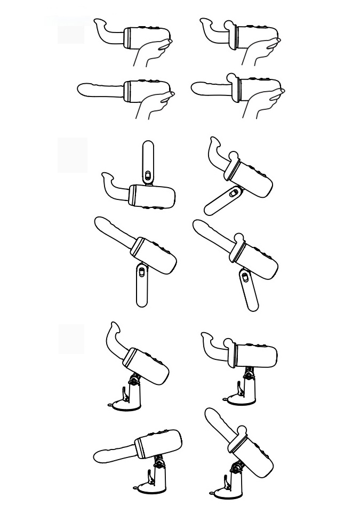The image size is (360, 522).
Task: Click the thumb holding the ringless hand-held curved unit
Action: pyautogui.click(x=166, y=41)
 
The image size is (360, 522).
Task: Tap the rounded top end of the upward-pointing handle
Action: pyautogui.click(x=148, y=144)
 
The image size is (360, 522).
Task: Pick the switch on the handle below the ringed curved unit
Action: pyautogui.click(x=233, y=194)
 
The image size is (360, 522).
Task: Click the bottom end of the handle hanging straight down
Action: pyautogui.click(x=141, y=303)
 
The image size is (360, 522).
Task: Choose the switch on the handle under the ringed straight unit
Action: pyautogui.click(x=245, y=277)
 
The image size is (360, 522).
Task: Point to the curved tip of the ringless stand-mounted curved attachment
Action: pyautogui.click(x=114, y=325)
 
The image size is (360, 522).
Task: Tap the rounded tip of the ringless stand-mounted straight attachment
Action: pyautogui.click(x=98, y=456)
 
